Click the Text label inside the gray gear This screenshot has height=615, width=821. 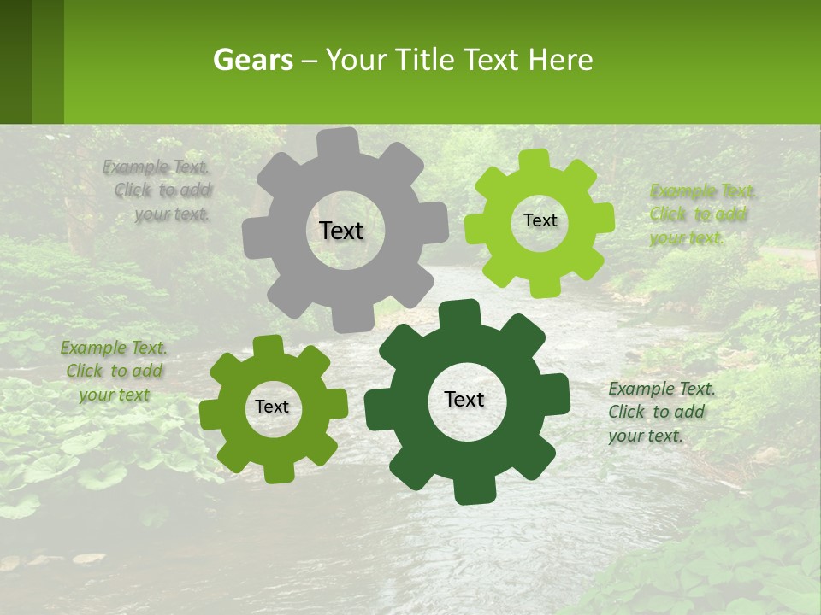(x=341, y=231)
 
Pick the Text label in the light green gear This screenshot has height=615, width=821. (x=540, y=220)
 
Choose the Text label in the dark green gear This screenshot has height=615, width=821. (x=464, y=399)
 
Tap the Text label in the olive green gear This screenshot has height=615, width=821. (x=272, y=407)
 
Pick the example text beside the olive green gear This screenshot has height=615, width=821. (x=114, y=372)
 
